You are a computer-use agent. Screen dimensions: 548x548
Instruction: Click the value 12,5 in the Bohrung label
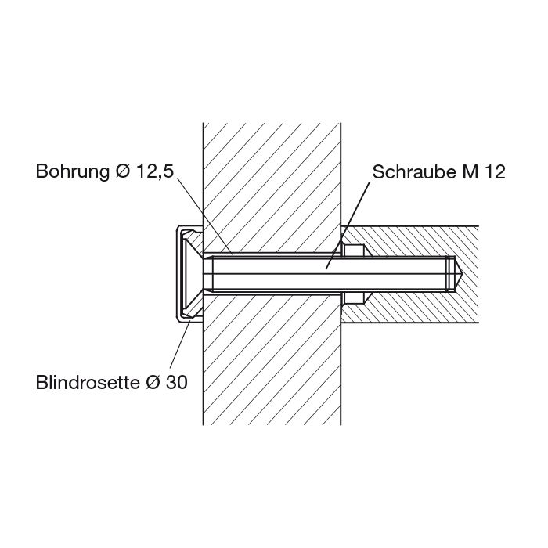coord(154,171)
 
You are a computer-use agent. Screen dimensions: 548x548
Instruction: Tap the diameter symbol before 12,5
coord(122,171)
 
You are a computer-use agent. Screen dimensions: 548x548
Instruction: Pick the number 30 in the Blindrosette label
coord(176,383)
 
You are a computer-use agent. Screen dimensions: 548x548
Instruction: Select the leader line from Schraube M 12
coord(348,223)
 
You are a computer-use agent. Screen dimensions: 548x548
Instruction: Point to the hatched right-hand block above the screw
coord(423,240)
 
